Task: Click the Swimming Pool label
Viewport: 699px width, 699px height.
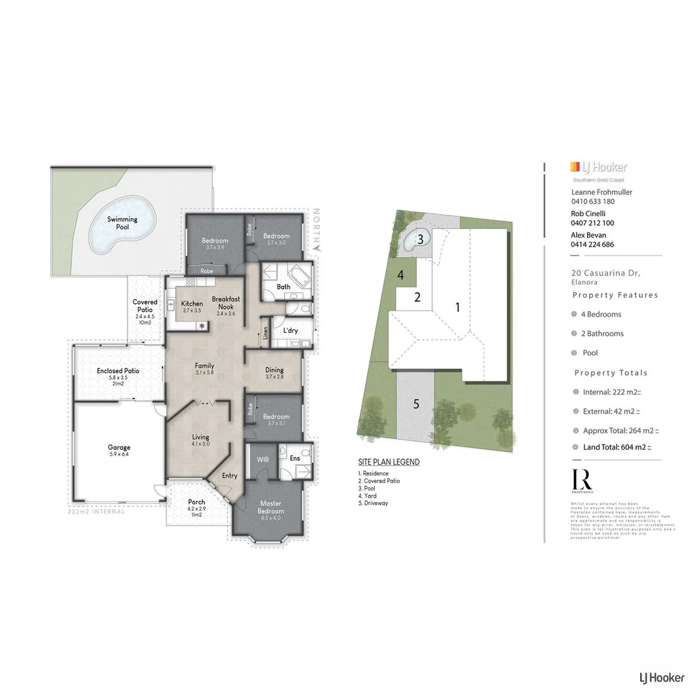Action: pyautogui.click(x=122, y=223)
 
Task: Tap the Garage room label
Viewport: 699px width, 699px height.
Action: pyautogui.click(x=119, y=447)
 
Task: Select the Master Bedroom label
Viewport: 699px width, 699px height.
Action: pyautogui.click(x=271, y=507)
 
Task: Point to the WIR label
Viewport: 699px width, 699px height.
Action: pyautogui.click(x=263, y=459)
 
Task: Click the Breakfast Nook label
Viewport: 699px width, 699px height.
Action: pyautogui.click(x=226, y=303)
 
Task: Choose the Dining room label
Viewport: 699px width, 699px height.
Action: pyautogui.click(x=274, y=370)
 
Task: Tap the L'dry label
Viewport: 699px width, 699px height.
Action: pyautogui.click(x=291, y=330)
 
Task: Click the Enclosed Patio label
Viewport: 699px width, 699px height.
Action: pyautogui.click(x=118, y=371)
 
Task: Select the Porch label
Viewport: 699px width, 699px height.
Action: pyautogui.click(x=196, y=502)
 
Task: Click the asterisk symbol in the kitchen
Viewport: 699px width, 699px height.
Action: pyautogui.click(x=202, y=326)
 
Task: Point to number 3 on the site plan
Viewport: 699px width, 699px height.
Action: pyautogui.click(x=420, y=239)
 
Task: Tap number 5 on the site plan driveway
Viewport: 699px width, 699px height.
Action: pyautogui.click(x=416, y=404)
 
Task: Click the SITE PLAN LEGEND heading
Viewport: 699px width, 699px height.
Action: pyautogui.click(x=388, y=462)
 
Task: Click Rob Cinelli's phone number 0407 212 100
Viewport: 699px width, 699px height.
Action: pyautogui.click(x=592, y=223)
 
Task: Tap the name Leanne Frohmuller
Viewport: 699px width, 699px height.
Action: pyautogui.click(x=601, y=192)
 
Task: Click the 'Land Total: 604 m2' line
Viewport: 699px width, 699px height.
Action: pyautogui.click(x=616, y=447)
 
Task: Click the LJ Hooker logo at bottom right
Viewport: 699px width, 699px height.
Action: pyautogui.click(x=661, y=678)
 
